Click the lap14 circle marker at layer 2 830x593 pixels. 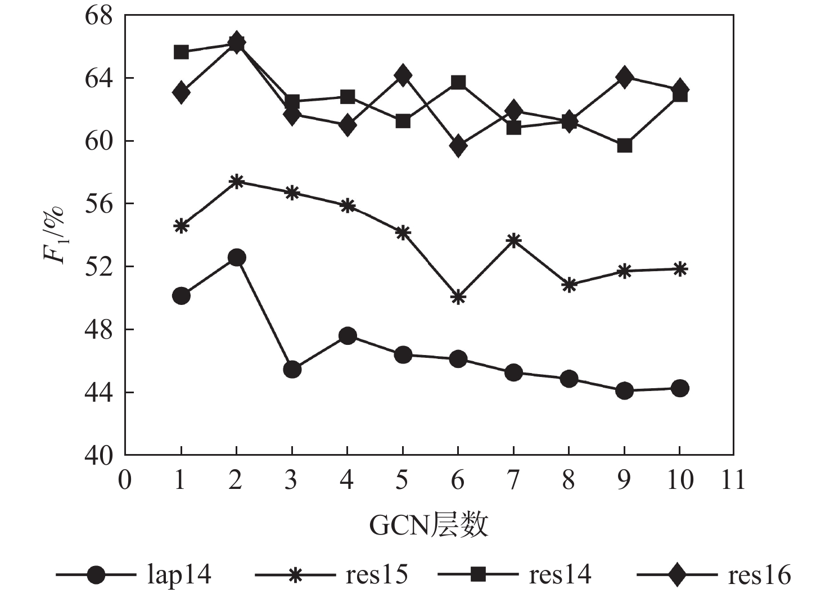(x=236, y=257)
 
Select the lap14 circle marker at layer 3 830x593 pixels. (x=292, y=370)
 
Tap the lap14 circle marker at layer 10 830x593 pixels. (x=680, y=388)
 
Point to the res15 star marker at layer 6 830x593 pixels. (x=458, y=297)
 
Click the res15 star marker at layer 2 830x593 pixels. (x=236, y=181)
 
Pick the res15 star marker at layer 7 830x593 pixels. (x=513, y=241)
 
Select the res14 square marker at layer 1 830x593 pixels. (x=181, y=52)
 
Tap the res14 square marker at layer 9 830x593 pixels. (x=624, y=146)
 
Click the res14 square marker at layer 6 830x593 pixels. (x=458, y=83)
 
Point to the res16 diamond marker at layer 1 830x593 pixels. (x=181, y=92)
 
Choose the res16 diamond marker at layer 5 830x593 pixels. (x=403, y=75)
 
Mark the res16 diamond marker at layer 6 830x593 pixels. (x=458, y=146)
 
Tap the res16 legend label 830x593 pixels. (x=759, y=575)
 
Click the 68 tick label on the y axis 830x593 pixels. (x=99, y=16)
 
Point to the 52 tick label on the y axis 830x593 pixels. (x=99, y=266)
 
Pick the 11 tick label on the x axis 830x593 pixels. (x=733, y=480)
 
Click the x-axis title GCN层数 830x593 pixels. (x=428, y=525)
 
